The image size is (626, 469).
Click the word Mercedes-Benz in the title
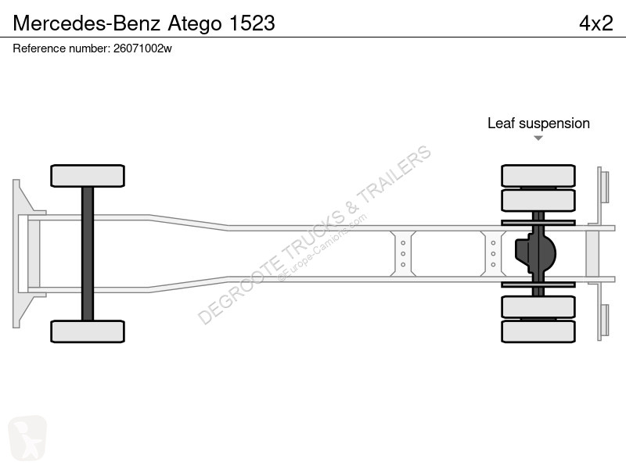[87, 23]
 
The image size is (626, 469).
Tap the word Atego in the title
[195, 24]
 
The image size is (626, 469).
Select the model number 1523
[252, 23]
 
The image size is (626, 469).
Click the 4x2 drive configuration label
[596, 23]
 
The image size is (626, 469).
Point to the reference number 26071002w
[142, 48]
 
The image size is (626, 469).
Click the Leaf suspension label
[538, 124]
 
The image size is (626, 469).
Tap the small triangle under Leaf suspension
[538, 138]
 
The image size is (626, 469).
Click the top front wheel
[88, 176]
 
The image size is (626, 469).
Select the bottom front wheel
[88, 331]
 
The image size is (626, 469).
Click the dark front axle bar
[88, 253]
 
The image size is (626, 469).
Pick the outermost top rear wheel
[538, 175]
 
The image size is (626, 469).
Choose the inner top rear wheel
[538, 201]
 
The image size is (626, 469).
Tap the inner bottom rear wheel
[538, 306]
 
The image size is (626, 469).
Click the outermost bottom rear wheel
[538, 331]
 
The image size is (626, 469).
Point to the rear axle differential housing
[535, 253]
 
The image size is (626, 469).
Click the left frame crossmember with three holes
[403, 253]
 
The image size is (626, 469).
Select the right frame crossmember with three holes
[493, 253]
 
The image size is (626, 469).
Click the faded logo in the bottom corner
[27, 438]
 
